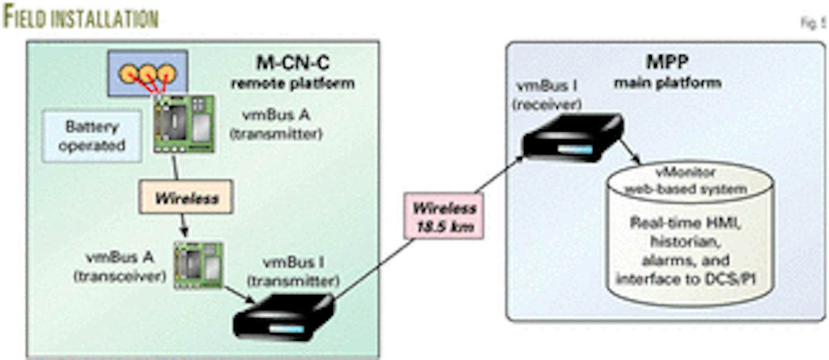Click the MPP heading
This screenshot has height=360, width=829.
(668, 61)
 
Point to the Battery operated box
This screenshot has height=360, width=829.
(92, 136)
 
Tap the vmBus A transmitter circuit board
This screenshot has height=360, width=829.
(184, 124)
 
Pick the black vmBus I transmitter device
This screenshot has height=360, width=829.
(283, 317)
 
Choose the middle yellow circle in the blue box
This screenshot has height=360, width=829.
(148, 73)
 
